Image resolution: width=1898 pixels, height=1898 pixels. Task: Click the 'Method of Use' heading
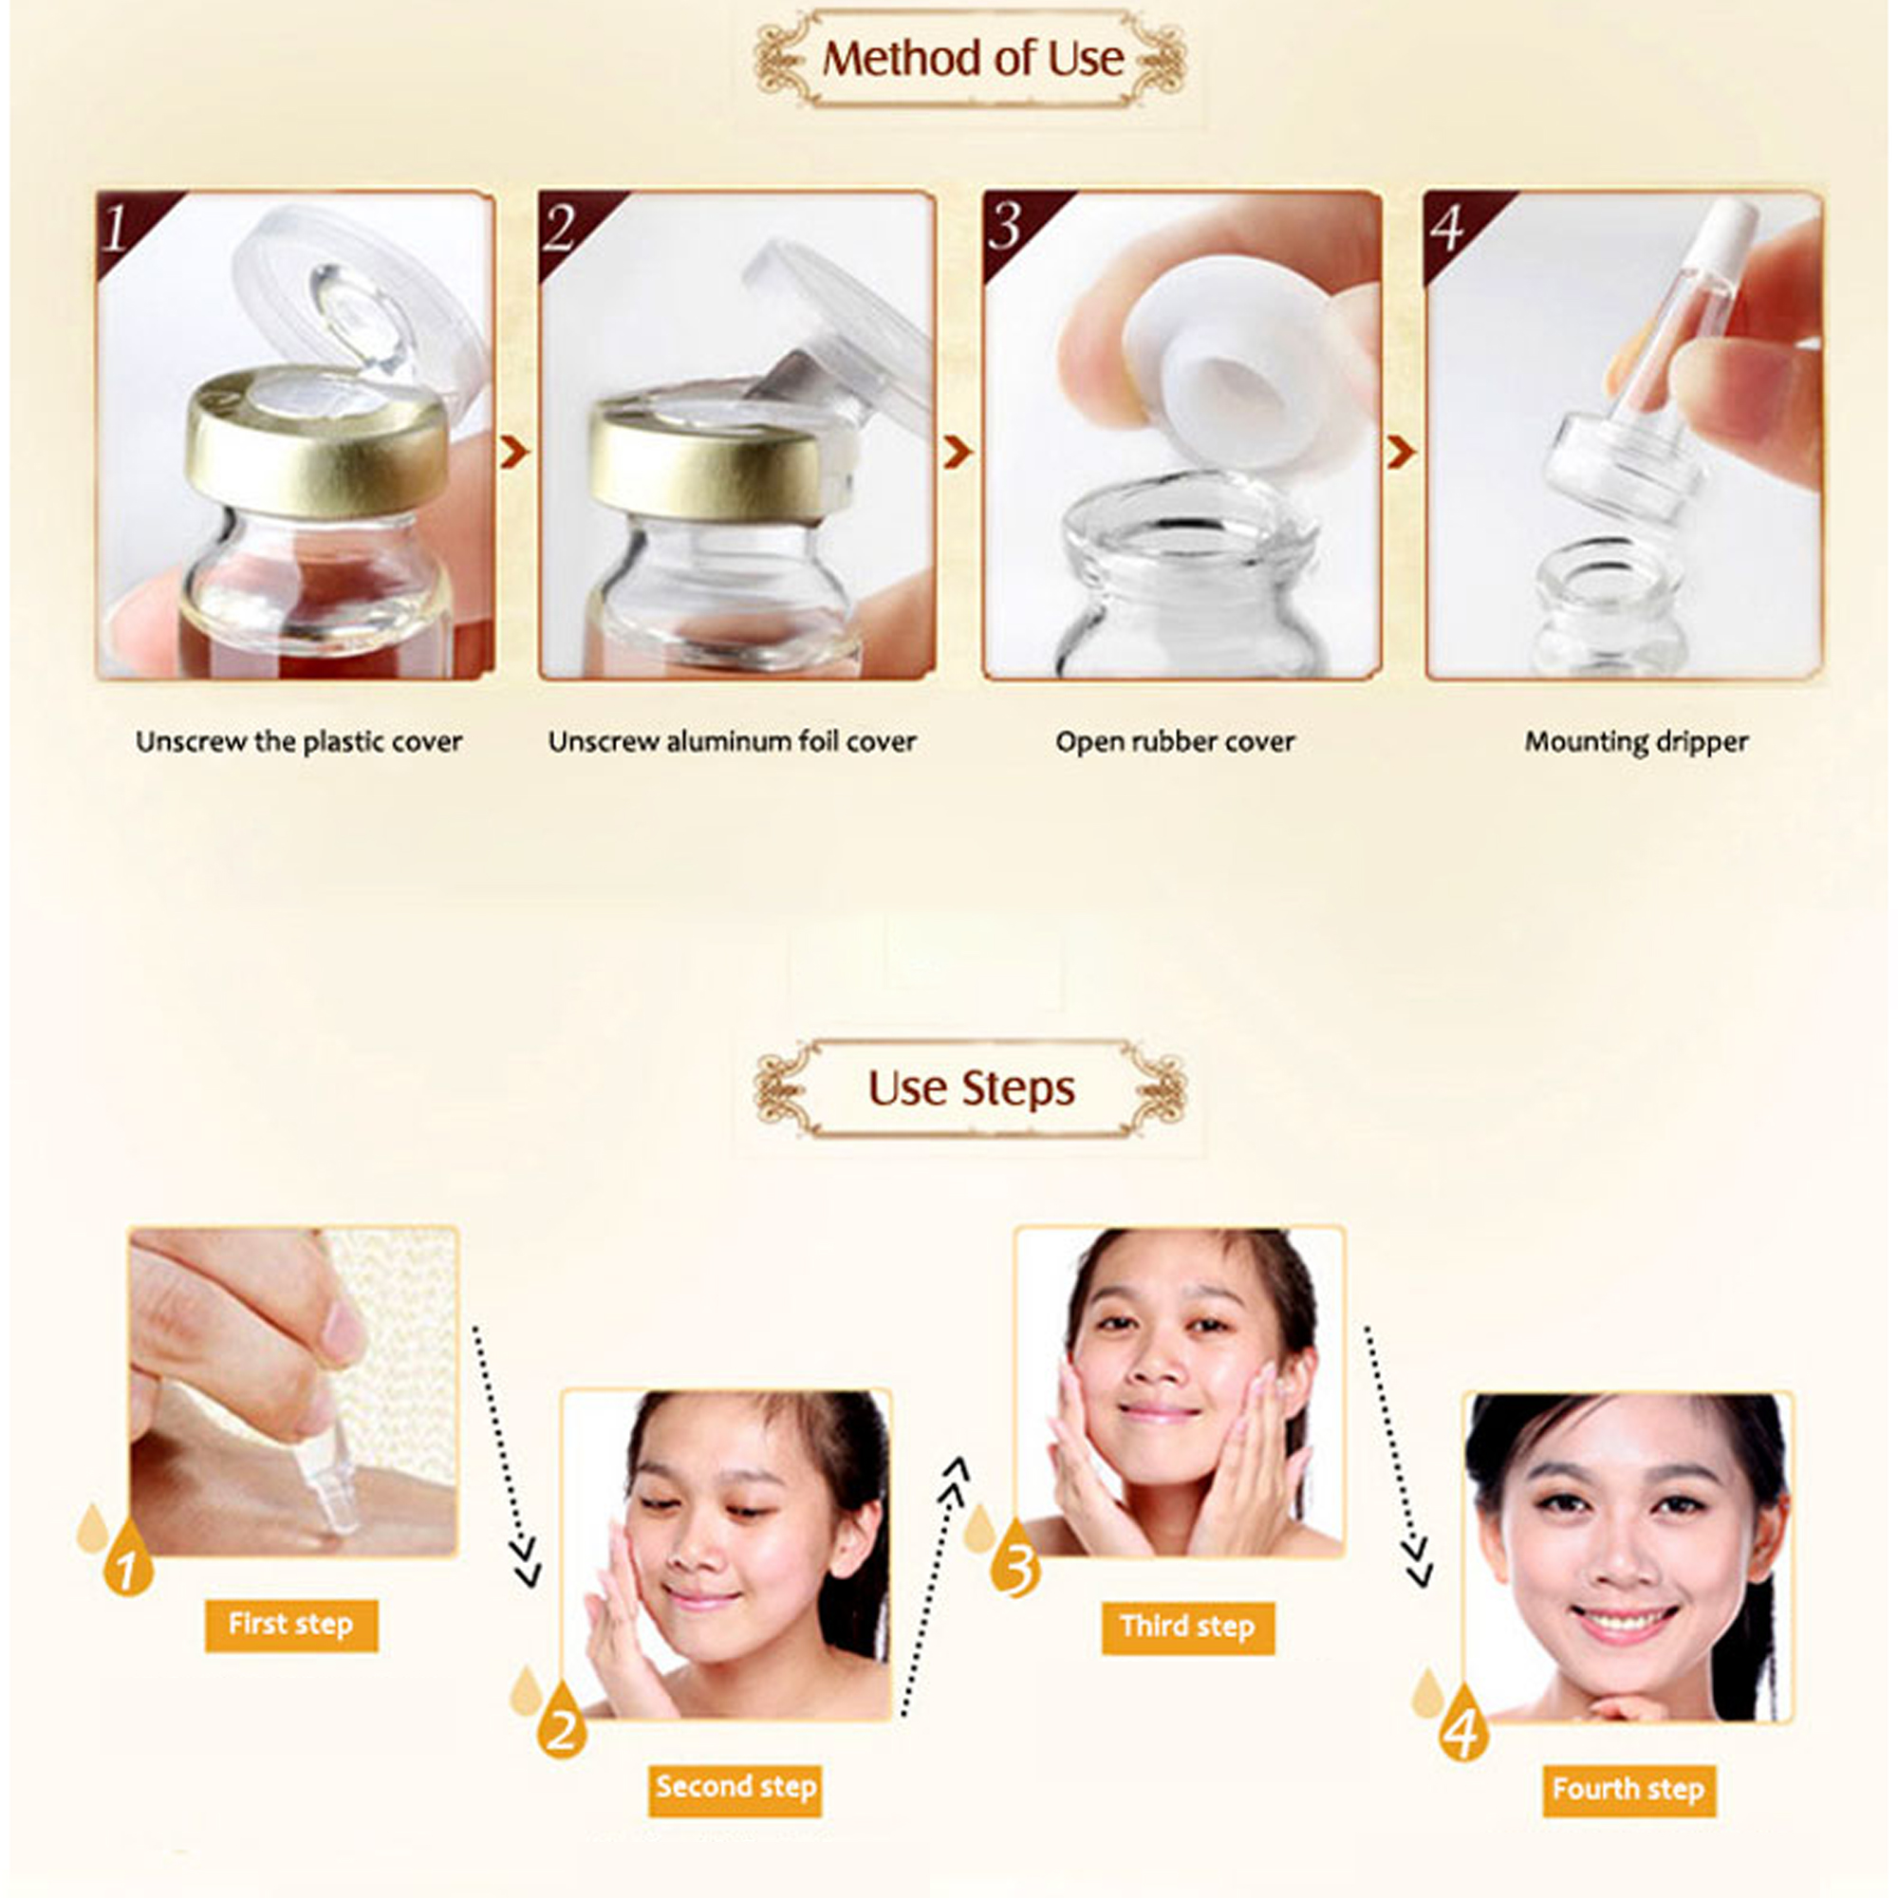973,59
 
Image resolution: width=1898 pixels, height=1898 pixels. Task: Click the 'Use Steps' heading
971,1089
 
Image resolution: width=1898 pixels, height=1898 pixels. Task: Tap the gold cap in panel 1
316,441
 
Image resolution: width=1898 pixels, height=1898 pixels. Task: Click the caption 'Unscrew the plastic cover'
299,741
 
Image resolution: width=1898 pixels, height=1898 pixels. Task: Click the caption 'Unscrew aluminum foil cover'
732,741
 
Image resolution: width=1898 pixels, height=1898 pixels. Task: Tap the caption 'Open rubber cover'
1175,742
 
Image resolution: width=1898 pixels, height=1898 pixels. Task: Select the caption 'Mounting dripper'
1637,742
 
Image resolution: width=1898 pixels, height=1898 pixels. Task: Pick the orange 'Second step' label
735,1786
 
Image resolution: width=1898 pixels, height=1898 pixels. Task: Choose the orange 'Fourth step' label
1628,1789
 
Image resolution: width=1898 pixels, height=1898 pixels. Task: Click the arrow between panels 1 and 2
514,452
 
